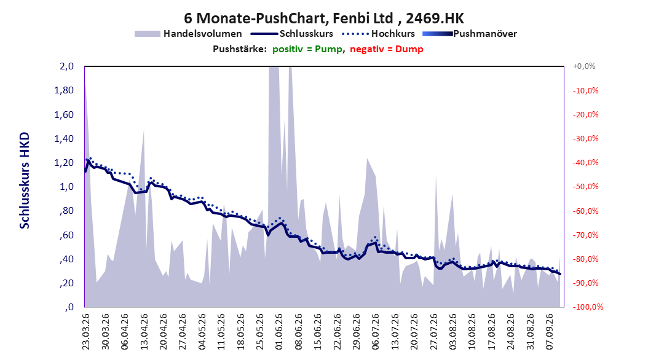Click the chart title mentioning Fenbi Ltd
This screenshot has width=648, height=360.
(x=324, y=18)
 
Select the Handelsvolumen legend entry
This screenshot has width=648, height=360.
(x=188, y=34)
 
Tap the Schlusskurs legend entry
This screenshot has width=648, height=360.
(x=292, y=34)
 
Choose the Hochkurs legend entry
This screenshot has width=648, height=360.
(x=378, y=34)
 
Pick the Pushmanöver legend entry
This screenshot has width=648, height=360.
(x=470, y=34)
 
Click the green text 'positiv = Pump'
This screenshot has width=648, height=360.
(x=307, y=49)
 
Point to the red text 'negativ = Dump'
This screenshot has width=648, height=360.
(x=387, y=49)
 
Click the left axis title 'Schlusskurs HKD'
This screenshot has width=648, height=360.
(x=25, y=181)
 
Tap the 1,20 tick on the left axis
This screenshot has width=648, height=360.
(x=64, y=163)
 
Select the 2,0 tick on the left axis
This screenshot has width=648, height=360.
(x=66, y=66)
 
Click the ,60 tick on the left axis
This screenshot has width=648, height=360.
(x=66, y=235)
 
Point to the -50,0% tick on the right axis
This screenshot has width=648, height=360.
(x=585, y=187)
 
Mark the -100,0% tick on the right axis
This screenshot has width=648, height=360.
(x=588, y=307)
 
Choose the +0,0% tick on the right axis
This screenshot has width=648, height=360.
(x=584, y=66)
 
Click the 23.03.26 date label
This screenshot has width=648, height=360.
(x=86, y=332)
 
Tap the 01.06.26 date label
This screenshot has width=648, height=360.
(x=279, y=332)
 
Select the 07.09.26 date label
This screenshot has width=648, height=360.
(x=550, y=332)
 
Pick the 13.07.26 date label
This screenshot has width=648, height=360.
(x=395, y=332)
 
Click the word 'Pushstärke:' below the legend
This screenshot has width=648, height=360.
(x=240, y=49)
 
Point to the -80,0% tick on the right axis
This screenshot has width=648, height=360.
(x=585, y=259)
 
